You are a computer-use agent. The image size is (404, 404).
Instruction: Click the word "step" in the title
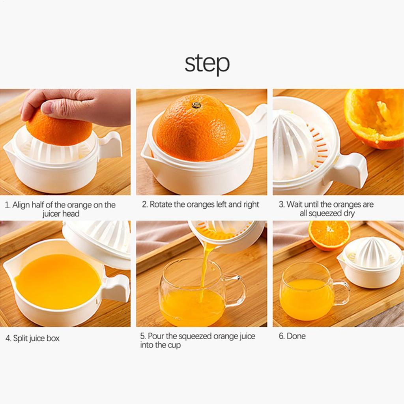pyautogui.click(x=207, y=64)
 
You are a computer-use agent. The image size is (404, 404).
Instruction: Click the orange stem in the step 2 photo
pyautogui.click(x=196, y=105)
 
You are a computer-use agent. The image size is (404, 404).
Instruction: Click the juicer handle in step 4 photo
pyautogui.click(x=116, y=288)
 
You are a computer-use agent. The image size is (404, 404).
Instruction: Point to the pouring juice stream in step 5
pyautogui.click(x=205, y=268)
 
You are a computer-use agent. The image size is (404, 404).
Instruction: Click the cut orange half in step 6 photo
pyautogui.click(x=329, y=235)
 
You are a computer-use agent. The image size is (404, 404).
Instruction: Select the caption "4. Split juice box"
pyautogui.click(x=32, y=338)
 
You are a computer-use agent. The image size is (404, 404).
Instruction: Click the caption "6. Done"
pyautogui.click(x=292, y=336)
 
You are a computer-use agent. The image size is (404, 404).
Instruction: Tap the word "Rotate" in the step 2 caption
pyautogui.click(x=161, y=204)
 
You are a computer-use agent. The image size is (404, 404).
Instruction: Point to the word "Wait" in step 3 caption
pyautogui.click(x=294, y=204)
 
